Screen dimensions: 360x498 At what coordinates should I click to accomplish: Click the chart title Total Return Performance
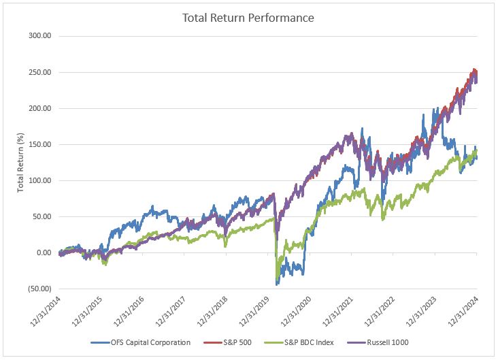point(248,18)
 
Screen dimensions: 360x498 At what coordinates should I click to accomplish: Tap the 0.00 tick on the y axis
point(45,252)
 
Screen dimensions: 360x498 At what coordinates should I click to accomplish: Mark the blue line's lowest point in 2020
point(277,284)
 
